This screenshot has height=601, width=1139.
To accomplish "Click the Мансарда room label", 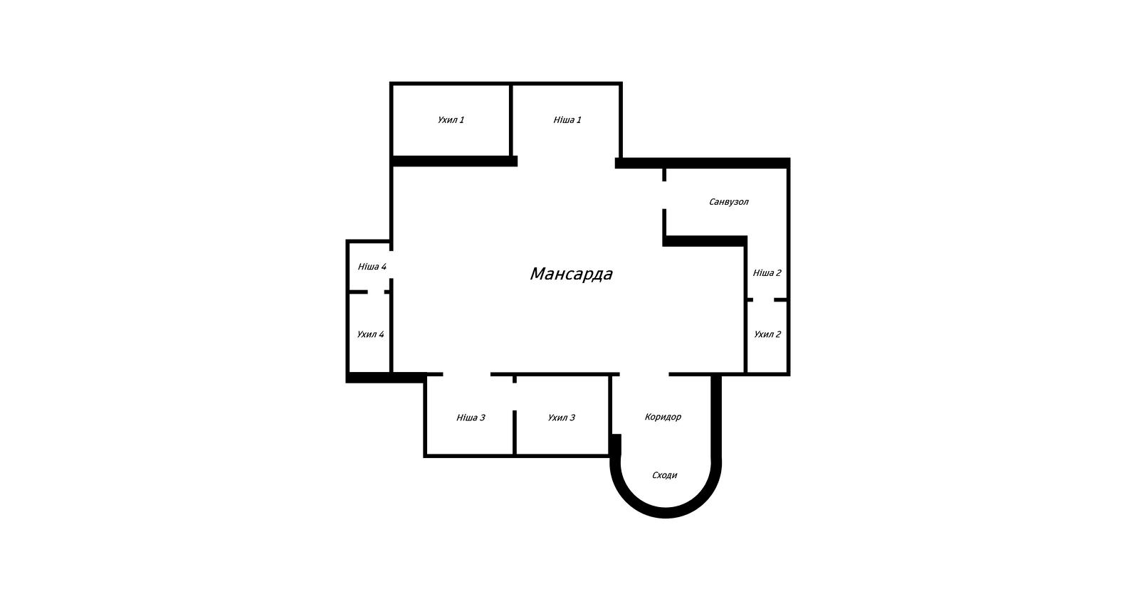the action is (571, 274).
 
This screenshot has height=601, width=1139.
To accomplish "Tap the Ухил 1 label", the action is (451, 120).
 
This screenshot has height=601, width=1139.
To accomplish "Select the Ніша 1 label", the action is (567, 120).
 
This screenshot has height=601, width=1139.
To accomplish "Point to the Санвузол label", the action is (729, 202).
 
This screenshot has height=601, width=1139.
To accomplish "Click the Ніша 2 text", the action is (767, 273).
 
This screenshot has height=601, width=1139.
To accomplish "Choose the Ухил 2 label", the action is (767, 334).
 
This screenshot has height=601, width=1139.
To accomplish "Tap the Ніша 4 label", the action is (372, 267).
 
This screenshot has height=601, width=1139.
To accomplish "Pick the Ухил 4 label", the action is (370, 334).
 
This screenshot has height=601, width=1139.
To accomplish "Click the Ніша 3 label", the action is (471, 417).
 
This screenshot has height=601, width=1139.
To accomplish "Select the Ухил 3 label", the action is (562, 417).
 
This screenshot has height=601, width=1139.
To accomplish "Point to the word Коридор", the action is (663, 417).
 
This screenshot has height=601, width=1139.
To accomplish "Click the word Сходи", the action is (665, 476).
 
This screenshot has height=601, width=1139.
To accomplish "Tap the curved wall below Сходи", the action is (666, 513).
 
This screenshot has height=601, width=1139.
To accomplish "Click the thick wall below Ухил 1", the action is (454, 161).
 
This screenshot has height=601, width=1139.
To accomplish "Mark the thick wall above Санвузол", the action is (702, 163).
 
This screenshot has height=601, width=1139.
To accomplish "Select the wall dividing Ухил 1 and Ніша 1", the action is (510, 120).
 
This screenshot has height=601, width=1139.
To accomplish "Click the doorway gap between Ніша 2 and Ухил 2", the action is (763, 299).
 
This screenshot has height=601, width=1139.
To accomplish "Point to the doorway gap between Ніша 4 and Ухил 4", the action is (376, 292).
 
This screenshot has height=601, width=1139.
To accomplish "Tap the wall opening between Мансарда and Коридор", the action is (644, 374).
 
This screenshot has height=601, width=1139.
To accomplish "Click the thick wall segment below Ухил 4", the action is (386, 378).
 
